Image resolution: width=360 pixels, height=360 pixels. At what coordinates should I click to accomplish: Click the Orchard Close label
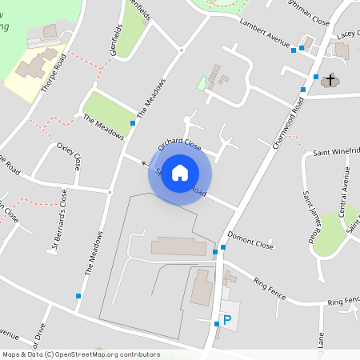[x=178, y=143]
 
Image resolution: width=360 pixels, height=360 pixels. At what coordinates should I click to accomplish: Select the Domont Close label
[x=250, y=240]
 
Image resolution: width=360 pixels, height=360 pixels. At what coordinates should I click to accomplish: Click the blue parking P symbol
[x=227, y=320]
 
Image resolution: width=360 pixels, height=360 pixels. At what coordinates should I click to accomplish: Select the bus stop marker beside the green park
[x=133, y=123]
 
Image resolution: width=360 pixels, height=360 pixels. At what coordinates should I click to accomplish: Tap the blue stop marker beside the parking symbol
[x=216, y=323]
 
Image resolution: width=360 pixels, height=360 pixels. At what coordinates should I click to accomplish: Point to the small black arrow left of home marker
[x=145, y=163]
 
